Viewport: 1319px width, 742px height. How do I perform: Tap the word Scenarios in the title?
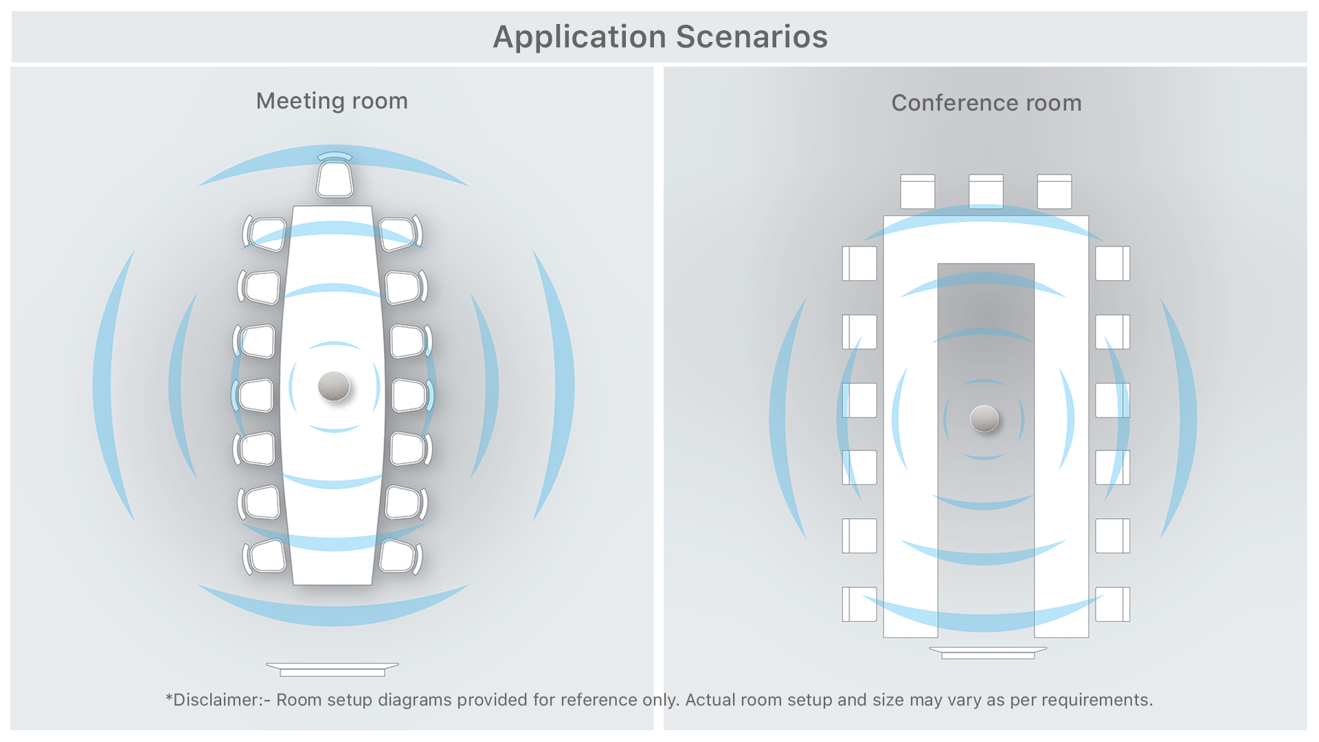click(x=752, y=37)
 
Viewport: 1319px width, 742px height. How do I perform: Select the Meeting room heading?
click(x=332, y=101)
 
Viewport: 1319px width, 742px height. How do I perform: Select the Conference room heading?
click(x=986, y=103)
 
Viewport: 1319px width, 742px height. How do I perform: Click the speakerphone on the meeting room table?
click(x=334, y=386)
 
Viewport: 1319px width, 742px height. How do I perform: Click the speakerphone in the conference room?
click(x=984, y=418)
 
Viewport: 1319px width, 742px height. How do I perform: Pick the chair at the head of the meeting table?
click(x=335, y=177)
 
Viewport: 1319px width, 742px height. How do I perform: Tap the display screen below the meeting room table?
click(x=332, y=669)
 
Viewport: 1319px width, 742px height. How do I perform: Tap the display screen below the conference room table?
click(x=988, y=653)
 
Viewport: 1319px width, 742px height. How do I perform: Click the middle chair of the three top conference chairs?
click(x=986, y=192)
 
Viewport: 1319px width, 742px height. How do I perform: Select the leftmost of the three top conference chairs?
click(x=918, y=192)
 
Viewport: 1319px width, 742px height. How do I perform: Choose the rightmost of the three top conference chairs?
click(x=1055, y=192)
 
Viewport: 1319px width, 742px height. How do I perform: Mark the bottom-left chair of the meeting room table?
click(x=264, y=556)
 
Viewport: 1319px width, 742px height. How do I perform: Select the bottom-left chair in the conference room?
click(x=859, y=605)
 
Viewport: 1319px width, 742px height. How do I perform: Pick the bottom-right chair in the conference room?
click(x=1113, y=605)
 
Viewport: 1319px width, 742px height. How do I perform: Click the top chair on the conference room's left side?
click(x=859, y=264)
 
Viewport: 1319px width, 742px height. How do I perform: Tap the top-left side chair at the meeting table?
click(x=265, y=233)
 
